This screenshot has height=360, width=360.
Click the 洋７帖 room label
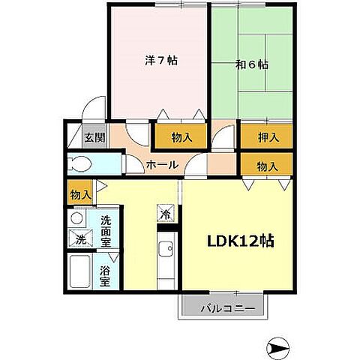point(161,61)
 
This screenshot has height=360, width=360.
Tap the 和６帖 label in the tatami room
point(252,64)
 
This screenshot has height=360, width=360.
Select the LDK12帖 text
point(241,241)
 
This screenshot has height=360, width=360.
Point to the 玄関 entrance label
point(94,137)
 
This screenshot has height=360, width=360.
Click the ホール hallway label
point(163,165)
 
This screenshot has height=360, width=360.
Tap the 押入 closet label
point(268,137)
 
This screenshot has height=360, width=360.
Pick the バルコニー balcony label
point(228,308)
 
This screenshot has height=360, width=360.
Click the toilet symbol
point(79,164)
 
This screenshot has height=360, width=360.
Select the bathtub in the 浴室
point(79,271)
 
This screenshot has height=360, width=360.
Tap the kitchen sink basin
point(166,249)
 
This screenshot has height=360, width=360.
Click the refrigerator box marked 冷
point(166,213)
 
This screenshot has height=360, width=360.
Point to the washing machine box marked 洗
point(81,238)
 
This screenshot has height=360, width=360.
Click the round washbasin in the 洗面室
point(76,218)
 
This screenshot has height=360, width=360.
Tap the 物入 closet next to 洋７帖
point(181,137)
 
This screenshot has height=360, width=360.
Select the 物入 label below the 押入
point(267,166)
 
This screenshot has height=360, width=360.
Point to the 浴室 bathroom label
point(105,276)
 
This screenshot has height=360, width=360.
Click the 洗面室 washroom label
point(106,231)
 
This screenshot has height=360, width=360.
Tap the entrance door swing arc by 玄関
point(90,102)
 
